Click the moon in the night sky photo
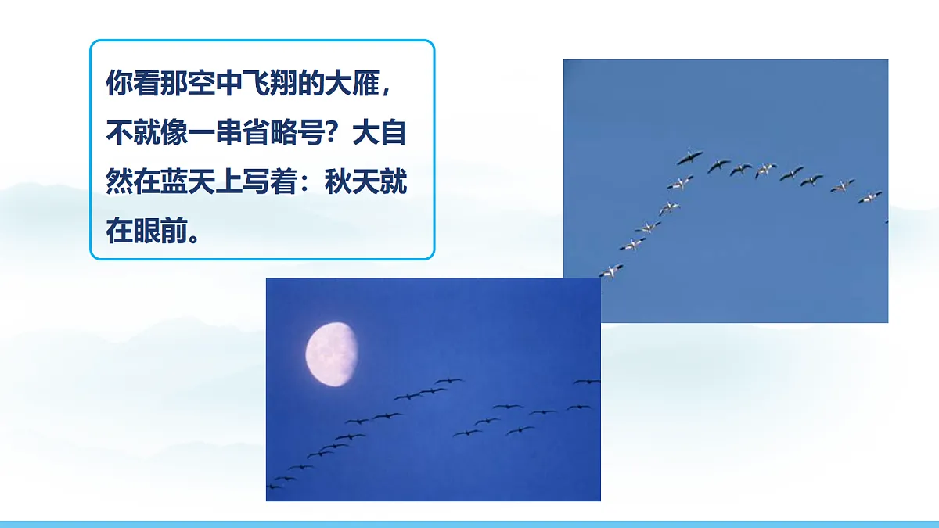pyautogui.click(x=331, y=354)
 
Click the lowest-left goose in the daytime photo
pyautogui.click(x=611, y=271)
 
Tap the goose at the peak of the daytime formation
pyautogui.click(x=689, y=158)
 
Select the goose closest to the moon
pyautogui.click(x=448, y=381)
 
